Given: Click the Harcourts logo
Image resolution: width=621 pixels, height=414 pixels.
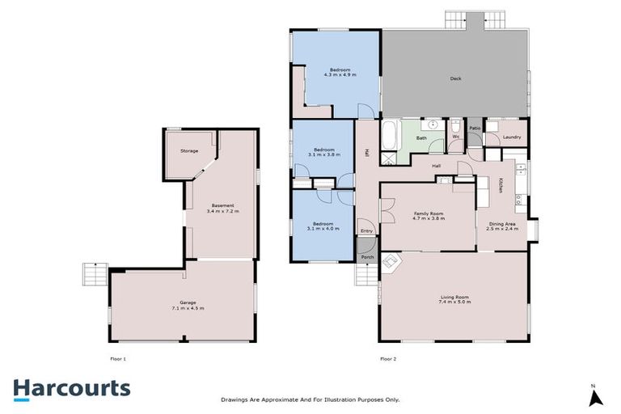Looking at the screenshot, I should coord(71,388).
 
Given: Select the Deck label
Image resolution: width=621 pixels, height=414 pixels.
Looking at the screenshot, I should coord(455,78).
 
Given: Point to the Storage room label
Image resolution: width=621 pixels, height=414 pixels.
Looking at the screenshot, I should coord(188,151).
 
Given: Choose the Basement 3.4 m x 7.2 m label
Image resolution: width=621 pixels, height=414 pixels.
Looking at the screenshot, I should coord(222,208).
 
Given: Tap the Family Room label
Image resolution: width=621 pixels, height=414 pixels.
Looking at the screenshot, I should coord(429,215).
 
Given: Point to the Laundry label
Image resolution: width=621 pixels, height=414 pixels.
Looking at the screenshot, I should coord(512,137).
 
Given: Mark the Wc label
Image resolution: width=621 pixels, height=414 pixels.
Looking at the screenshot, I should coord(456,137).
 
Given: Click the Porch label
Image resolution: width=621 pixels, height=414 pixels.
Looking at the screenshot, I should coord(366,257).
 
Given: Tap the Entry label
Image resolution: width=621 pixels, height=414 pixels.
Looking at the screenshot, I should coord(366,231).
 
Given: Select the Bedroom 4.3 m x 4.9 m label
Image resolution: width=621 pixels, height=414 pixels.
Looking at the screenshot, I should coord(337,71).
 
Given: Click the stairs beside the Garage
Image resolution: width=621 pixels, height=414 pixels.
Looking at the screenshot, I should coord(94,275).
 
